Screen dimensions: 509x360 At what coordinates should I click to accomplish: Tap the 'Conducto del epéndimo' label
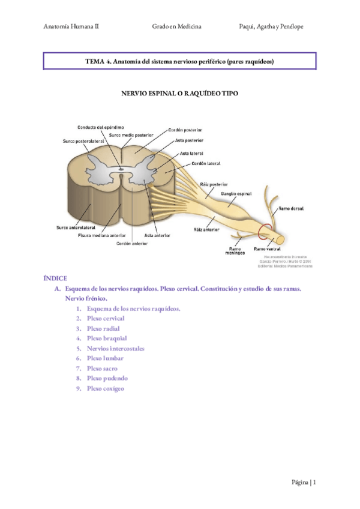[x=101, y=127]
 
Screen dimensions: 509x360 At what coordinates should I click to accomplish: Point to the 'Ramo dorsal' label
[x=290, y=209]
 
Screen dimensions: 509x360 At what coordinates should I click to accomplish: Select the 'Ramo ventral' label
[x=268, y=248]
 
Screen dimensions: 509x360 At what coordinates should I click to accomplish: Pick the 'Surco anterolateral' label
[x=75, y=228]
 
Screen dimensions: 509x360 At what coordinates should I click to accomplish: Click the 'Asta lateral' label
[x=191, y=154]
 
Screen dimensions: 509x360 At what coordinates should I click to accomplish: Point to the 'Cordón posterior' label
[x=185, y=130]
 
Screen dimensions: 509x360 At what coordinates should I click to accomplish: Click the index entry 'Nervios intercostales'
[x=115, y=348]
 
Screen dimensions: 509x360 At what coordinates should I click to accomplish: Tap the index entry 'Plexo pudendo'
[x=107, y=378]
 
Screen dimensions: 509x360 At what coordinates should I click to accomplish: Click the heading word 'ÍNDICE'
[x=55, y=279]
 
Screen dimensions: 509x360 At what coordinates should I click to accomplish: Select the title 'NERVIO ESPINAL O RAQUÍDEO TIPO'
[x=179, y=94]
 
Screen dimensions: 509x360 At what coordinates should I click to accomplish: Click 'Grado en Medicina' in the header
[x=177, y=27]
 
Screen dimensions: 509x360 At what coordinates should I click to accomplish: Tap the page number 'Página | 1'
[x=304, y=482]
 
